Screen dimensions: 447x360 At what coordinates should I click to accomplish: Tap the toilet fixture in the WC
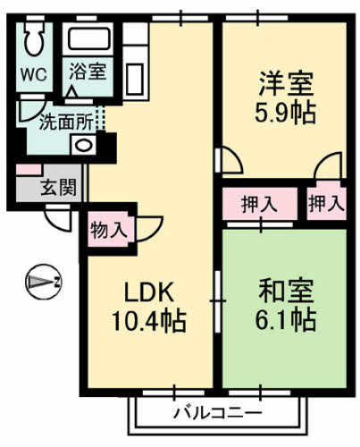(35, 39)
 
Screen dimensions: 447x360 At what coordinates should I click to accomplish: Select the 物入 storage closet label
(108, 230)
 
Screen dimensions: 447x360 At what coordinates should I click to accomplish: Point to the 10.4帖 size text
(148, 321)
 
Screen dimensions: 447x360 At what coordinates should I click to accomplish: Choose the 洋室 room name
(286, 84)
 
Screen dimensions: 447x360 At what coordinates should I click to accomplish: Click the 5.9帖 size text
(286, 114)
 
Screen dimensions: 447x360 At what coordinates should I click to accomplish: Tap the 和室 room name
(286, 291)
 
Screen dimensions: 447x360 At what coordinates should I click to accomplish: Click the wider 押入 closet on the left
(260, 203)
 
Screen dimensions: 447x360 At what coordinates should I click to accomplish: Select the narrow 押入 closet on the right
(326, 203)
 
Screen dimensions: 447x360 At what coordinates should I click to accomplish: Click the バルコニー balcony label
(217, 413)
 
